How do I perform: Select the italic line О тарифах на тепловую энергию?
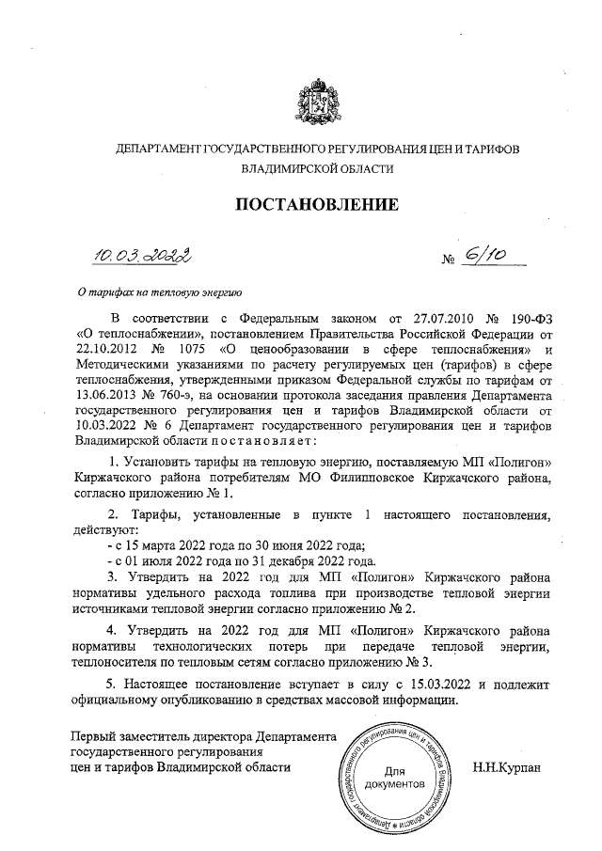(x=159, y=292)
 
